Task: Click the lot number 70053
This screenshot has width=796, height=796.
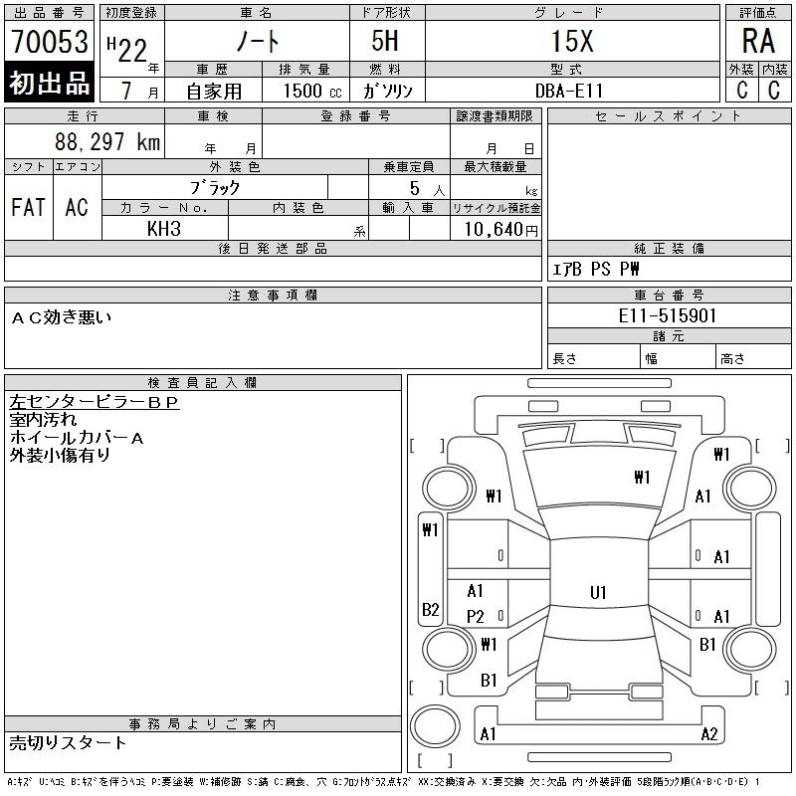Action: (x=49, y=41)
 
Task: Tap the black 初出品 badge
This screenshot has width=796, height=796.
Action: (x=49, y=82)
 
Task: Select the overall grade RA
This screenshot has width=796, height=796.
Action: (x=758, y=41)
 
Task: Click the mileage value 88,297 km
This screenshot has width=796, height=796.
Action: (x=107, y=141)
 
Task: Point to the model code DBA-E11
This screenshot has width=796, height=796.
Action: (x=569, y=91)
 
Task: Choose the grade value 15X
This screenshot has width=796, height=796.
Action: (x=572, y=41)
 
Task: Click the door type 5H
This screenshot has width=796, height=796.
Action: (x=385, y=41)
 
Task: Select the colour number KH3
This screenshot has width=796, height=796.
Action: (x=164, y=229)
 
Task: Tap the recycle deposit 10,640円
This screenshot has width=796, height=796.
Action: (x=500, y=230)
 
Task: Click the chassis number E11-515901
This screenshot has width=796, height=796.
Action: (x=667, y=315)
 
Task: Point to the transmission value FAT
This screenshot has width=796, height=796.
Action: (x=29, y=207)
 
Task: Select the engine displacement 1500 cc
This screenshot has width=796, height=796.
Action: (x=312, y=91)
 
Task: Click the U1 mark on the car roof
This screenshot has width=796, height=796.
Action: (x=598, y=592)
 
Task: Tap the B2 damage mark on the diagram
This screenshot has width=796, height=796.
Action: (x=431, y=609)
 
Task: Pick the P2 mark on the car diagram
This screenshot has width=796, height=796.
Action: (x=476, y=616)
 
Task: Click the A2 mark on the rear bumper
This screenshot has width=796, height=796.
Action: (x=709, y=734)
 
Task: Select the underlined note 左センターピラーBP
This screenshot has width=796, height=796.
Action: (x=94, y=402)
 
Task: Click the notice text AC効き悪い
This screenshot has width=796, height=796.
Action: (x=61, y=317)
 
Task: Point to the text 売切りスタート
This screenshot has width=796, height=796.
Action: (x=68, y=743)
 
